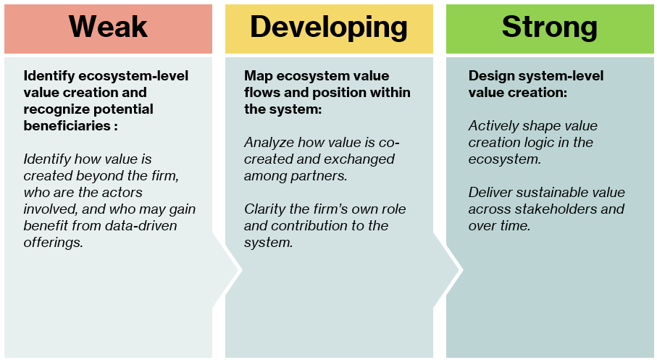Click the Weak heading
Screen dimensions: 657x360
pyautogui.click(x=108, y=27)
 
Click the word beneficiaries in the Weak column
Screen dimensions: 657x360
pyautogui.click(x=67, y=126)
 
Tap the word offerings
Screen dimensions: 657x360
pyautogui.click(x=53, y=243)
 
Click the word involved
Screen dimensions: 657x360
pyautogui.click(x=50, y=209)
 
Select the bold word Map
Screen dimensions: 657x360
pyautogui.click(x=258, y=76)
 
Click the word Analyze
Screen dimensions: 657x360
pyautogui.click(x=269, y=143)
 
